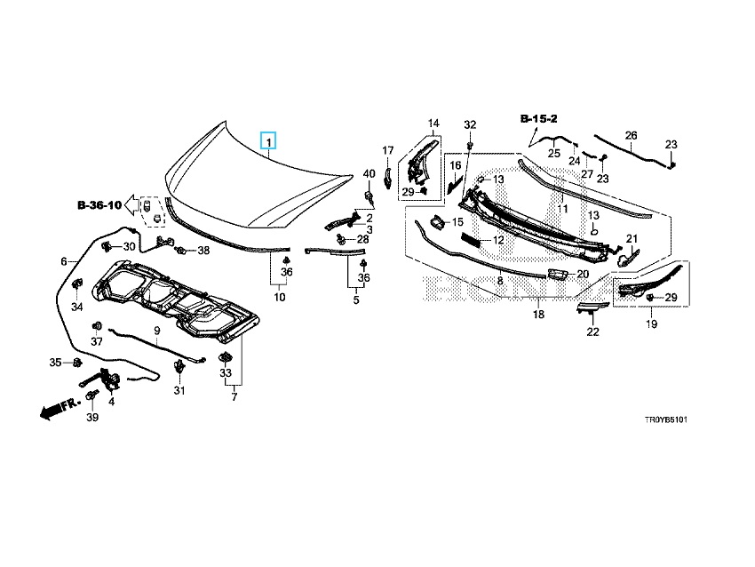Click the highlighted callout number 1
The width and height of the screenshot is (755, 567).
coord(268,141)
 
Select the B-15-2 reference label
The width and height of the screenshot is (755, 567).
coord(539,118)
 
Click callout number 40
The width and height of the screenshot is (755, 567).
coord(370,173)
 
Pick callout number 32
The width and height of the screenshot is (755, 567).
coord(470,124)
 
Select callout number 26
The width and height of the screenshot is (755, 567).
coord(631,135)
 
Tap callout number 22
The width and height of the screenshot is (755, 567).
coord(592,331)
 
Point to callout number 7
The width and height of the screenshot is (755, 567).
coord(234,396)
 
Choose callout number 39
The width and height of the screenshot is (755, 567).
coord(91,418)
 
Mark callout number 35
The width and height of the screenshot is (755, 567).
coord(55,362)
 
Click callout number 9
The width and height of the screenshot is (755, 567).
coord(156,331)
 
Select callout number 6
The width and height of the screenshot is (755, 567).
coord(64,261)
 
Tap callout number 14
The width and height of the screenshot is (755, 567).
coord(433,123)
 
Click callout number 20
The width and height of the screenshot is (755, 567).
coord(583,274)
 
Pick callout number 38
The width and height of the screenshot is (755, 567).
coord(203,251)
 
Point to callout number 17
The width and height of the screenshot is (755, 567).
coord(388,150)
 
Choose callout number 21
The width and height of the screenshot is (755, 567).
coord(632,238)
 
